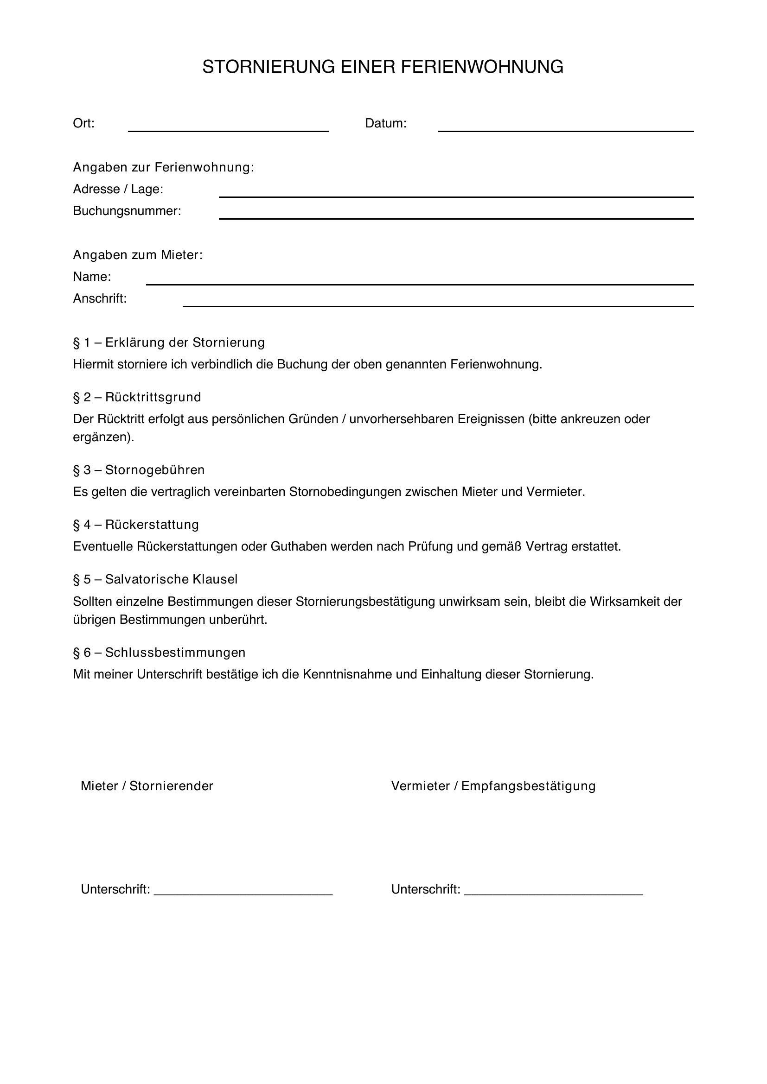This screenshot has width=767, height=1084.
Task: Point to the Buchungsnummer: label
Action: pos(127,211)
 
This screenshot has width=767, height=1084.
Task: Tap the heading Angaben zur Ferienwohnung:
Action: pos(163,168)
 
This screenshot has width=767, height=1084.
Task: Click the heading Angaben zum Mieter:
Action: pos(137,255)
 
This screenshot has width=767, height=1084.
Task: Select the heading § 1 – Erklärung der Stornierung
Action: pos(169,342)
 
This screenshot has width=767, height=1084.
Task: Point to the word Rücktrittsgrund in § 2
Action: pos(153,397)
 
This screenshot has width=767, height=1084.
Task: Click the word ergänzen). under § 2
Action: pos(103,437)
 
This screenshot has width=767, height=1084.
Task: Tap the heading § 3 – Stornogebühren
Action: pos(139,470)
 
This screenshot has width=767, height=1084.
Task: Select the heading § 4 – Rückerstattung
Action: pos(136,525)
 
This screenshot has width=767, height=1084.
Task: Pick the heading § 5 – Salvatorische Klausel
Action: pos(155,579)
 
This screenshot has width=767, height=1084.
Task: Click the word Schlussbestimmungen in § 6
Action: pos(175,653)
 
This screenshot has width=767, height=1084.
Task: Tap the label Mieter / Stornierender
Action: pos(147,786)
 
